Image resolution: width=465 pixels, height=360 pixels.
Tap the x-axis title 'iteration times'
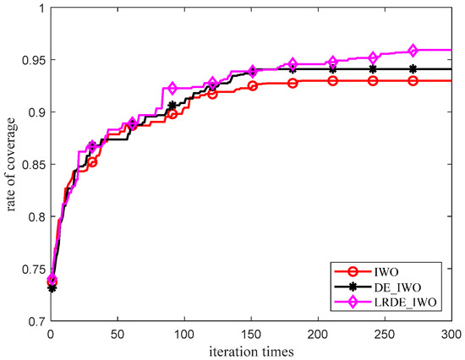(x=253, y=349)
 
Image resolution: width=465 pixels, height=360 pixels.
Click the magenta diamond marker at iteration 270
(x=413, y=51)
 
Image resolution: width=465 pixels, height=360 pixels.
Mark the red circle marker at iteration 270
(x=413, y=80)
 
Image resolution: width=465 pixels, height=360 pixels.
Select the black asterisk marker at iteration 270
(x=413, y=69)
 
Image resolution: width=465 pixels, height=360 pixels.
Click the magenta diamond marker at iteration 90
(x=172, y=89)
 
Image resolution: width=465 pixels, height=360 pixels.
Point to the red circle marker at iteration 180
(x=293, y=83)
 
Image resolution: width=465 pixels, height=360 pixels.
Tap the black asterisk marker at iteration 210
(x=333, y=69)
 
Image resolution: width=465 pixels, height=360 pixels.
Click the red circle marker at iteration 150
(x=253, y=85)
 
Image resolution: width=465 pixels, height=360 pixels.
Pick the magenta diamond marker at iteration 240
(x=373, y=57)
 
